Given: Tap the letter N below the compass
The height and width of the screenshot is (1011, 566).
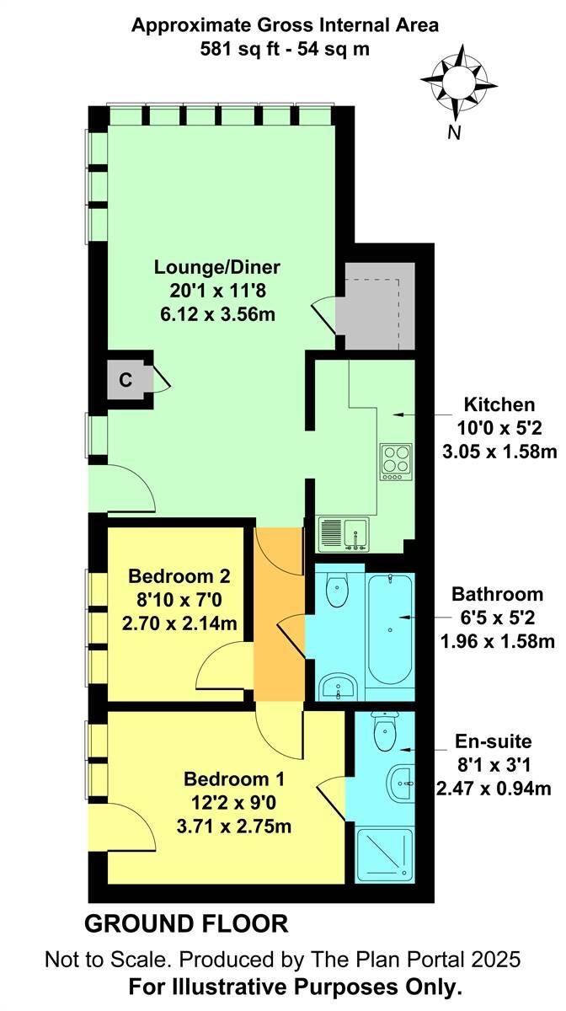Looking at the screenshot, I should tap(454, 131).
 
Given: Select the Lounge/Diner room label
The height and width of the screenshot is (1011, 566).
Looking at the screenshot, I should tap(216, 268).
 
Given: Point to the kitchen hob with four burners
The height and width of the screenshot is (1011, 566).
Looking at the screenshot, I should tap(395, 461).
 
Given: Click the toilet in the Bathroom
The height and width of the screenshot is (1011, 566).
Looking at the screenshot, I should tap(339, 590).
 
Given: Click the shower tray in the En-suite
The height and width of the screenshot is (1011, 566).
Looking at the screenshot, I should tap(385, 853).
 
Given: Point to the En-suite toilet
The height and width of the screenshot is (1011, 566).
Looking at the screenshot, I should tap(384, 731).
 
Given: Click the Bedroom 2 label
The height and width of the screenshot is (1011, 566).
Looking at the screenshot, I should tap(179, 577).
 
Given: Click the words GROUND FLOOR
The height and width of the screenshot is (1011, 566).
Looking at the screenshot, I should tap(186, 924).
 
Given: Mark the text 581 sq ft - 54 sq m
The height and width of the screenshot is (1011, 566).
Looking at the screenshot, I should tap(284, 49).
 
